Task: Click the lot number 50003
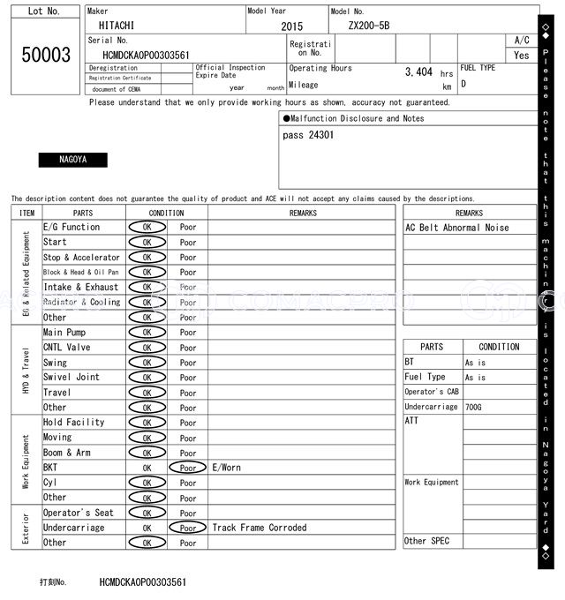click(46, 55)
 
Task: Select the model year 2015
click(291, 27)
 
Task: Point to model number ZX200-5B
click(369, 26)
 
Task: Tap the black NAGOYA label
click(72, 160)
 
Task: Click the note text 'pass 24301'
click(308, 135)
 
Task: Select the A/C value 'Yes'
click(522, 56)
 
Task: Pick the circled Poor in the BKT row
click(187, 468)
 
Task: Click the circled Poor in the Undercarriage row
click(187, 528)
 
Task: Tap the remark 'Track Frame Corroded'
click(260, 528)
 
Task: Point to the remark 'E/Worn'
click(226, 468)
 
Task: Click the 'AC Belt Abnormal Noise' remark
click(457, 228)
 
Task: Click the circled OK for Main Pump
click(147, 333)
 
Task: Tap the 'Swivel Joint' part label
click(72, 377)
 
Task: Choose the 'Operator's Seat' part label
click(79, 513)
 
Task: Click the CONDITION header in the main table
click(166, 213)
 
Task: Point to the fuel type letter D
click(463, 85)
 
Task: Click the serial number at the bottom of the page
click(143, 582)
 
